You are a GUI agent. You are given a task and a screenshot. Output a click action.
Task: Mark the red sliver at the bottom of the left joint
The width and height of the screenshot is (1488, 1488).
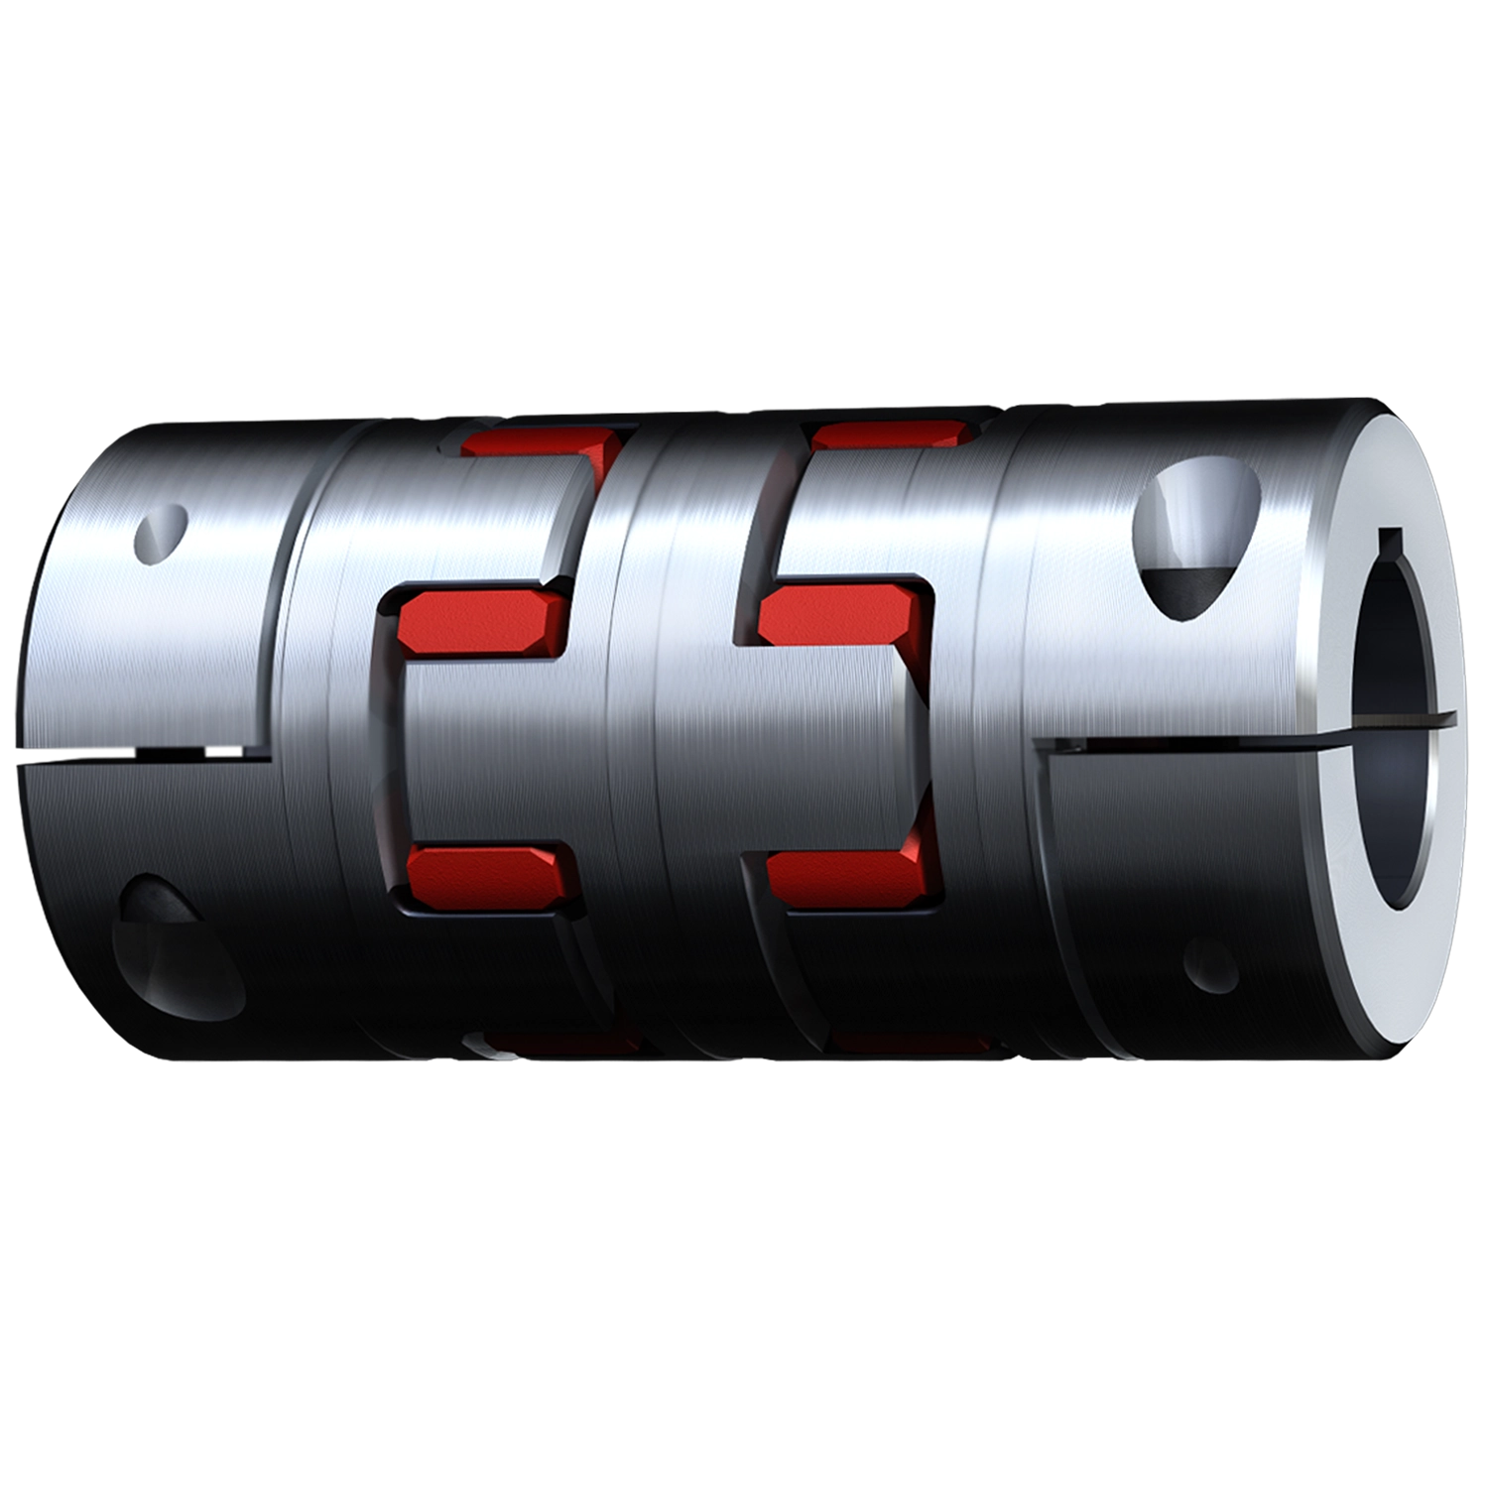coord(560,1042)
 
